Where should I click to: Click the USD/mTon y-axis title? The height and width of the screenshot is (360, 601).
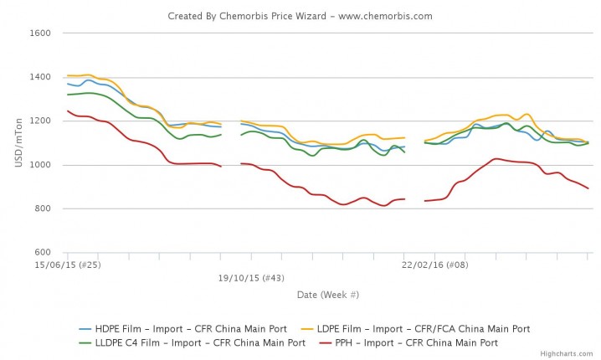tap(18, 142)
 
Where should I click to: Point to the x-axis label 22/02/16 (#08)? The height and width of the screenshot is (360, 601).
tap(434, 265)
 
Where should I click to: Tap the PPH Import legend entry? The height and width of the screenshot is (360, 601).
tap(429, 342)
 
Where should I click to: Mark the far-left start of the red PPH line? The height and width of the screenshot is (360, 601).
tap(68, 111)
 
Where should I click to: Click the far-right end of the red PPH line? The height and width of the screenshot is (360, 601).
tap(588, 188)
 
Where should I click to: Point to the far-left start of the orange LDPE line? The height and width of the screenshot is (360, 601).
tap(68, 75)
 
